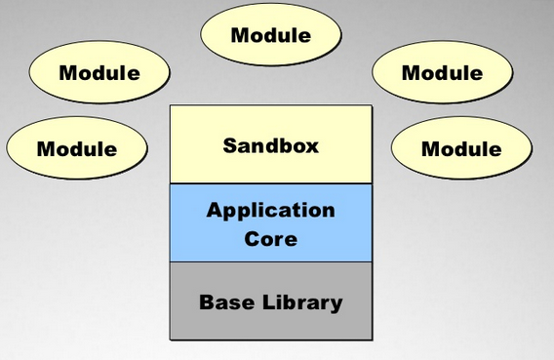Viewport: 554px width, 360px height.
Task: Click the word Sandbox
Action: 270,146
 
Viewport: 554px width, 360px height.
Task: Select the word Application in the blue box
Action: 270,210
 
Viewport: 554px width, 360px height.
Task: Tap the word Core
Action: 270,236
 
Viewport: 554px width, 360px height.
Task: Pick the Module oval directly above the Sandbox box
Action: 270,35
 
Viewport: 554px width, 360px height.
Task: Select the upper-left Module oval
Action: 99,72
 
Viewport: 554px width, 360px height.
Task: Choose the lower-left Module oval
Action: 76,148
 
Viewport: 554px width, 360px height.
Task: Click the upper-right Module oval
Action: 442,72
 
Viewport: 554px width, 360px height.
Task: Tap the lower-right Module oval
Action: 461,148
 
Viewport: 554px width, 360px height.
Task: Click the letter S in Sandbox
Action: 229,146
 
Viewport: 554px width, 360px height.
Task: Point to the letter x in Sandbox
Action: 312,147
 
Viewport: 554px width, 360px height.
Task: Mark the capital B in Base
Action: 206,301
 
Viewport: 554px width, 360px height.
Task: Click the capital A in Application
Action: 214,210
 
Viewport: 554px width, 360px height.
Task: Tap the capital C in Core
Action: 252,236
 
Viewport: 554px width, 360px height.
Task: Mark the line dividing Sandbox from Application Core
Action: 270,183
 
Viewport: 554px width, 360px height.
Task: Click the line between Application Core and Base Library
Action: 270,261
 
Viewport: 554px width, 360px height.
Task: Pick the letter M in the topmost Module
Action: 240,35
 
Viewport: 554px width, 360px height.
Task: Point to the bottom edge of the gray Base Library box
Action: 270,340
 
